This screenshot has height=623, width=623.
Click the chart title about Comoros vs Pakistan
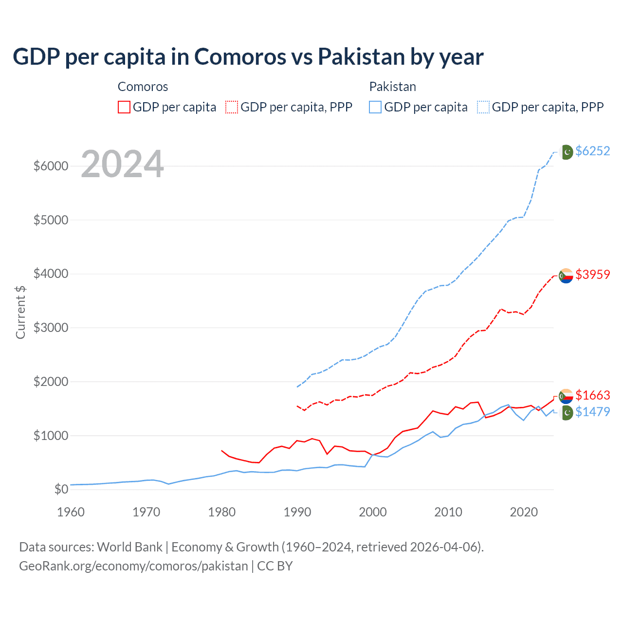click(248, 56)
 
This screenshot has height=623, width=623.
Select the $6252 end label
click(592, 151)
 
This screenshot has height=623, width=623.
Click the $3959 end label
click(592, 275)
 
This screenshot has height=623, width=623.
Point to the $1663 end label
click(592, 395)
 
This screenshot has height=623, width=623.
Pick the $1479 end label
click(592, 412)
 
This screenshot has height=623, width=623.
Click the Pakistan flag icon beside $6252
click(566, 152)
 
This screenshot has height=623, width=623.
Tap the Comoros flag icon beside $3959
click(566, 275)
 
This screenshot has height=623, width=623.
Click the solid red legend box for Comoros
click(124, 107)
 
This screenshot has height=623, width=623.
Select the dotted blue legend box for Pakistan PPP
click(483, 107)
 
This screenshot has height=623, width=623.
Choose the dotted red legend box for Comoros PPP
click(232, 107)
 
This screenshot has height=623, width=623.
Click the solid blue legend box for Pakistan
click(375, 107)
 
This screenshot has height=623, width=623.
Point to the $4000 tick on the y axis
click(51, 274)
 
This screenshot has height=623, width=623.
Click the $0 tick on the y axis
click(61, 489)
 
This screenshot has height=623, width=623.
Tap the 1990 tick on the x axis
click(297, 512)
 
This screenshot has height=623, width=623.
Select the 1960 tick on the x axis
click(71, 512)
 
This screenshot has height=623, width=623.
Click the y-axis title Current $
click(20, 312)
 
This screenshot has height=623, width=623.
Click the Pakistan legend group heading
click(392, 87)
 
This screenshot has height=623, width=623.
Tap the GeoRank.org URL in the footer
click(133, 566)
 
